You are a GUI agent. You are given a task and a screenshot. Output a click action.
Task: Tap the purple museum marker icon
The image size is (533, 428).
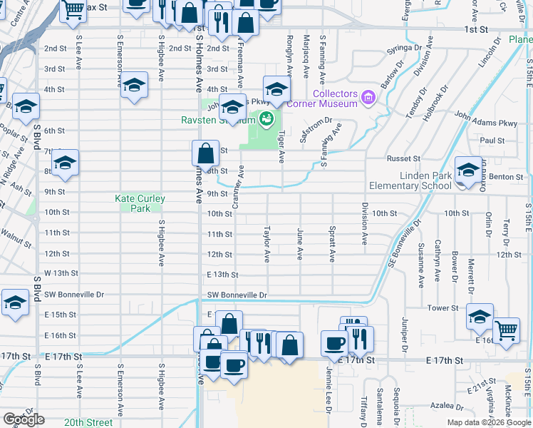(368, 96)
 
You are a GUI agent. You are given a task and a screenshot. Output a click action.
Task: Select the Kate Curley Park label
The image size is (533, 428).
(140, 203)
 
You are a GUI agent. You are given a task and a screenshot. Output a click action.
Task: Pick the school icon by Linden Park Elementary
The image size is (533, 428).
(468, 170)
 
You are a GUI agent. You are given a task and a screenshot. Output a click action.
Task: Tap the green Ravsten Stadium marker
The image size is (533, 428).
(266, 118)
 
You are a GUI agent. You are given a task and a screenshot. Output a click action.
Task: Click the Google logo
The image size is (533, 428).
(24, 419)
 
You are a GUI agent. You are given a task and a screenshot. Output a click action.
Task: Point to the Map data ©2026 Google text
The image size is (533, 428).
(489, 422)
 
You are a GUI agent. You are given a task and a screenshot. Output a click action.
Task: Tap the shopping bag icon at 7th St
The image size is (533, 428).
(205, 152)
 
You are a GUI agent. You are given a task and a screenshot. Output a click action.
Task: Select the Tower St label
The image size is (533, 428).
(442, 307)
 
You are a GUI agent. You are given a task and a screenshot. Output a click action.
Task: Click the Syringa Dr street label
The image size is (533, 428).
(404, 50)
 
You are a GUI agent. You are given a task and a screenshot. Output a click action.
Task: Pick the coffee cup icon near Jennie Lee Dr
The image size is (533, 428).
(333, 343)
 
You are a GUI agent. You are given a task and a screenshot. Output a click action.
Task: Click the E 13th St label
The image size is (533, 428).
(222, 274)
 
